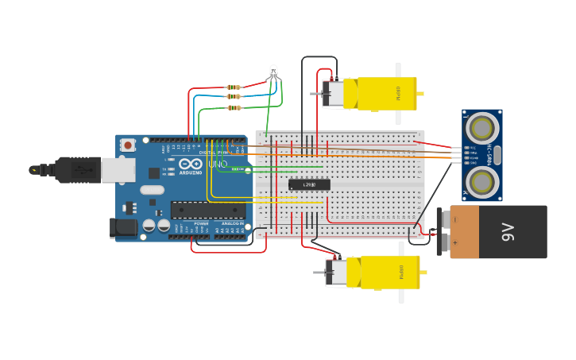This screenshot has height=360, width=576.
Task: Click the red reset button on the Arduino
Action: [x=128, y=145]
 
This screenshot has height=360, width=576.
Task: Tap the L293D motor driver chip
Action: [x=310, y=184]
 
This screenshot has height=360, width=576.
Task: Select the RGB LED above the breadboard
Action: [x=273, y=72]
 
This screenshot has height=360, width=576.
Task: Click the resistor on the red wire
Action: [x=234, y=87]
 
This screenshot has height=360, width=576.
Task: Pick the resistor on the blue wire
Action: [x=234, y=96]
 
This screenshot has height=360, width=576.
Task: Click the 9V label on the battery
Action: [x=508, y=232]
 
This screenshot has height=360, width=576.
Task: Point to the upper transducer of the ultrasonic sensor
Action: [x=482, y=126]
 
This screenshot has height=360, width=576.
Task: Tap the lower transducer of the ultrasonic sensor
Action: [x=482, y=182]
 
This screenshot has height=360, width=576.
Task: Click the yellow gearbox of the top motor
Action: [x=386, y=93]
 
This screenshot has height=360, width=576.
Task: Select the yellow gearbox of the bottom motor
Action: [x=389, y=272]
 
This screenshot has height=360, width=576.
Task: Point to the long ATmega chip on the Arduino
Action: [x=208, y=210]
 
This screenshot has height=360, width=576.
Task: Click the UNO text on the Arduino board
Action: [x=217, y=165]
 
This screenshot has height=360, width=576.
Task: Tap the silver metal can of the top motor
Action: [x=334, y=93]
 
